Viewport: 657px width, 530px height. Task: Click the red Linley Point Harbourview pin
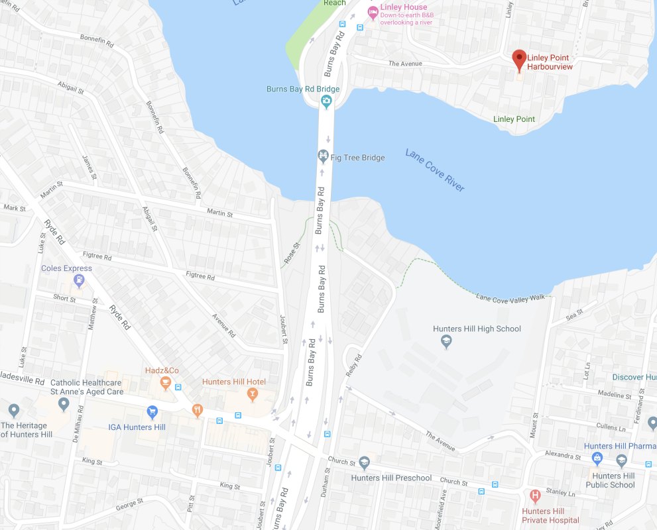520,60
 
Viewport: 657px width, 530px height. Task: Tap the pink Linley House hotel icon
373,12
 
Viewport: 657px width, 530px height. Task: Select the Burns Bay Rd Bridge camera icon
326,101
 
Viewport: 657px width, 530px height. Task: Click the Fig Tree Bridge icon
323,157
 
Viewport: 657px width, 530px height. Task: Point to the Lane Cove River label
435,170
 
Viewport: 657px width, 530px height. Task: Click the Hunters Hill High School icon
446,342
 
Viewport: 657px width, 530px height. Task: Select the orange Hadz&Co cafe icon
165,382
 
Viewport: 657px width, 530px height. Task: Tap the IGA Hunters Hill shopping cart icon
152,412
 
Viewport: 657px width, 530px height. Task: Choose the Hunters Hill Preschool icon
364,462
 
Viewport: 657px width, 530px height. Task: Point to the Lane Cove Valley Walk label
510,297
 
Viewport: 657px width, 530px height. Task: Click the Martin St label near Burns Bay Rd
220,213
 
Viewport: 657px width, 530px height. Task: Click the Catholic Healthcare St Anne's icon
64,403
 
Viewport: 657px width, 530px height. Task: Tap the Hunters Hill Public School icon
621,460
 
